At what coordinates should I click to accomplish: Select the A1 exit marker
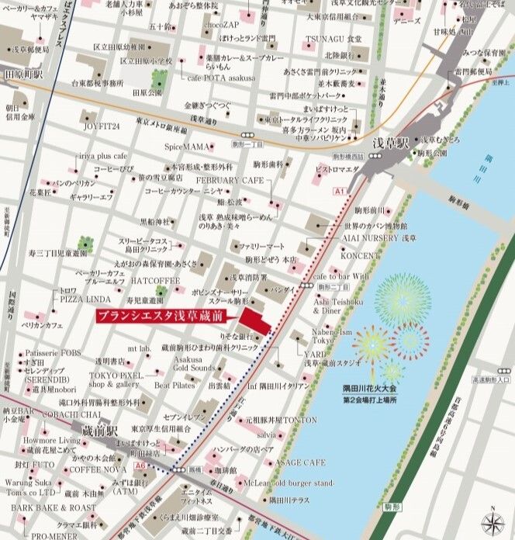pyautogui.click(x=339, y=190)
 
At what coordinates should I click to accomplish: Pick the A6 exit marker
pyautogui.click(x=140, y=465)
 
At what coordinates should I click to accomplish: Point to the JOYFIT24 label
pyautogui.click(x=102, y=125)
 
